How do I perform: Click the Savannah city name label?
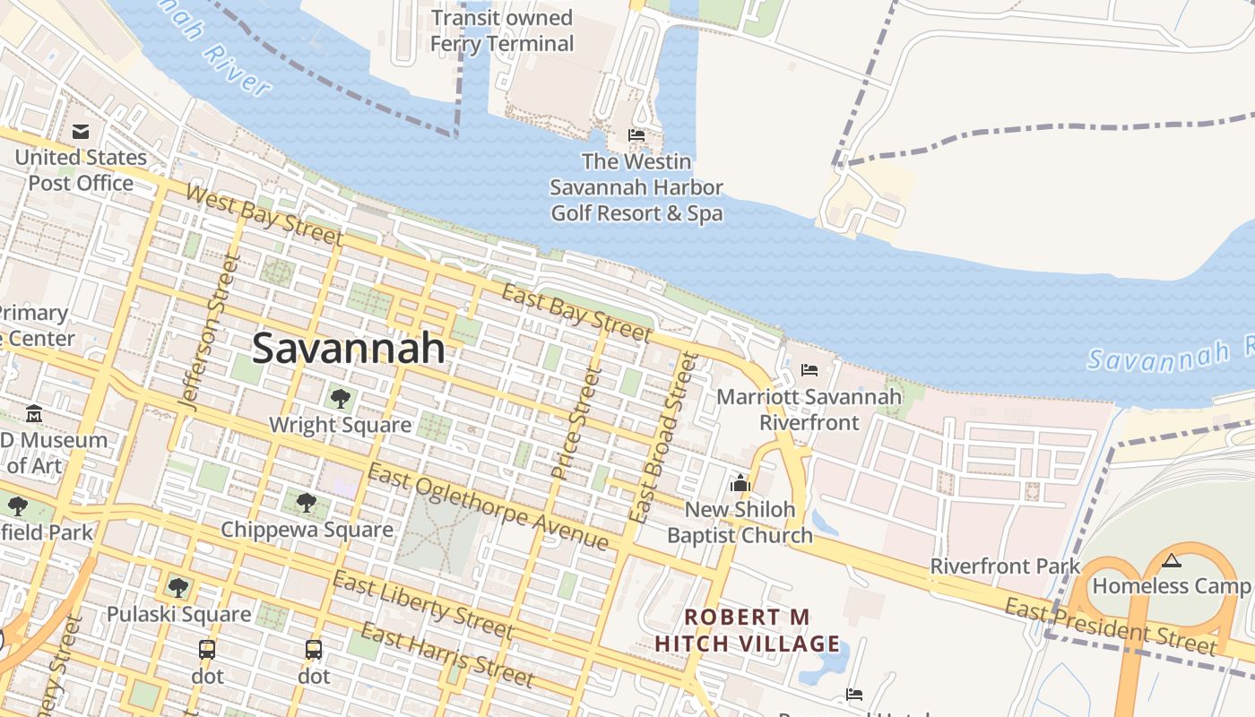point(348,348)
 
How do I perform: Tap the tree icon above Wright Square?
point(340,399)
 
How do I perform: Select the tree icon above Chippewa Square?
point(307,503)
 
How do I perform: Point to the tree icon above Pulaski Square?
point(178,588)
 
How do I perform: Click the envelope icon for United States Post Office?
point(81,132)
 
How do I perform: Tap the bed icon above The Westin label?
point(636,135)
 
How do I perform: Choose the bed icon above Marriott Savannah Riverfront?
point(809,369)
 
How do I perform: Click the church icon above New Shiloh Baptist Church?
point(740,484)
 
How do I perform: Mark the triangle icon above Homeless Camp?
point(1171,561)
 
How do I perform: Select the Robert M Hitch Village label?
point(747,630)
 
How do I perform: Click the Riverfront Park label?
point(1005,566)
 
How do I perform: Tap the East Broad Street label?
point(663,437)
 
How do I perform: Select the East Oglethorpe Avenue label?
point(489,507)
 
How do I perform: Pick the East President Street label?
point(1111,626)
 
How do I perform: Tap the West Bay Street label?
point(264,216)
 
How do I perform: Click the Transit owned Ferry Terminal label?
point(501,30)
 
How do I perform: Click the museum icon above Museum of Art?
point(34,414)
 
